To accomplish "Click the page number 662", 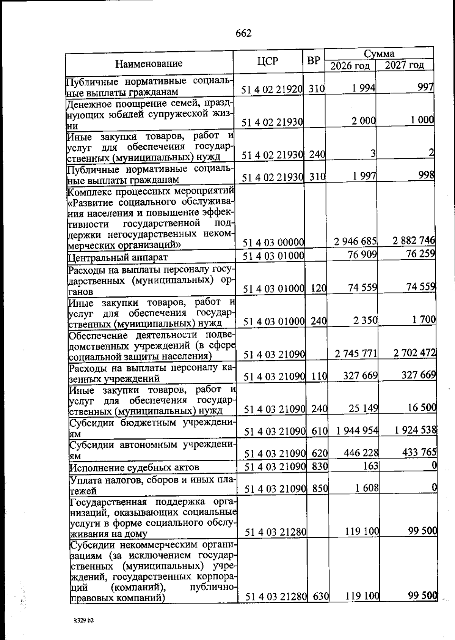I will click(x=243, y=34).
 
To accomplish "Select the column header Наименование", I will click(x=149, y=63).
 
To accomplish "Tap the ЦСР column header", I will click(x=268, y=61).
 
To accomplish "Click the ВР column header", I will click(x=314, y=60).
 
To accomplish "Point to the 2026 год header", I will click(x=350, y=66).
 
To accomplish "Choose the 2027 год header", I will click(x=404, y=65).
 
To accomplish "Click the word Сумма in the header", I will click(x=379, y=54).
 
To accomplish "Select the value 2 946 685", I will click(x=355, y=241).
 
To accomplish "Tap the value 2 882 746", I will click(x=413, y=241).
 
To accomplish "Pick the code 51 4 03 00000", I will click(x=273, y=242).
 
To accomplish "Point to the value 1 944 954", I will click(x=357, y=430).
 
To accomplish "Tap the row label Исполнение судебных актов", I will click(x=135, y=467).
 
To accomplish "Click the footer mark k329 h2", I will click(x=84, y=621).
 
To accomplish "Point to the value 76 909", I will click(x=362, y=254).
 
